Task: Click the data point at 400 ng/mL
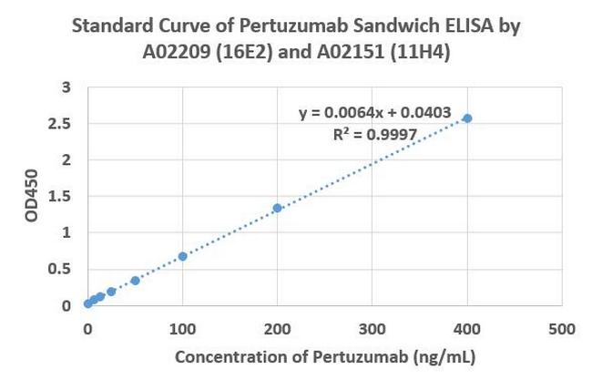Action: pyautogui.click(x=467, y=118)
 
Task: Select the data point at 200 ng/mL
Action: pyautogui.click(x=277, y=209)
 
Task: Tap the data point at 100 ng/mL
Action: pyautogui.click(x=182, y=256)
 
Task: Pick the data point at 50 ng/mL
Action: pyautogui.click(x=135, y=281)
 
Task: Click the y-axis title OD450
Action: pyautogui.click(x=32, y=197)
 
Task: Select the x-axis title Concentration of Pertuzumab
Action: pyautogui.click(x=324, y=357)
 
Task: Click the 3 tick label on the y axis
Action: pyautogui.click(x=66, y=87)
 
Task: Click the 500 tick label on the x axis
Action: pyautogui.click(x=562, y=328)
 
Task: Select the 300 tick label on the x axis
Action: pyautogui.click(x=372, y=328)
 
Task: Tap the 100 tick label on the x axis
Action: pyautogui.click(x=182, y=328)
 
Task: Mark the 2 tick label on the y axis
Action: pyautogui.click(x=66, y=160)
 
